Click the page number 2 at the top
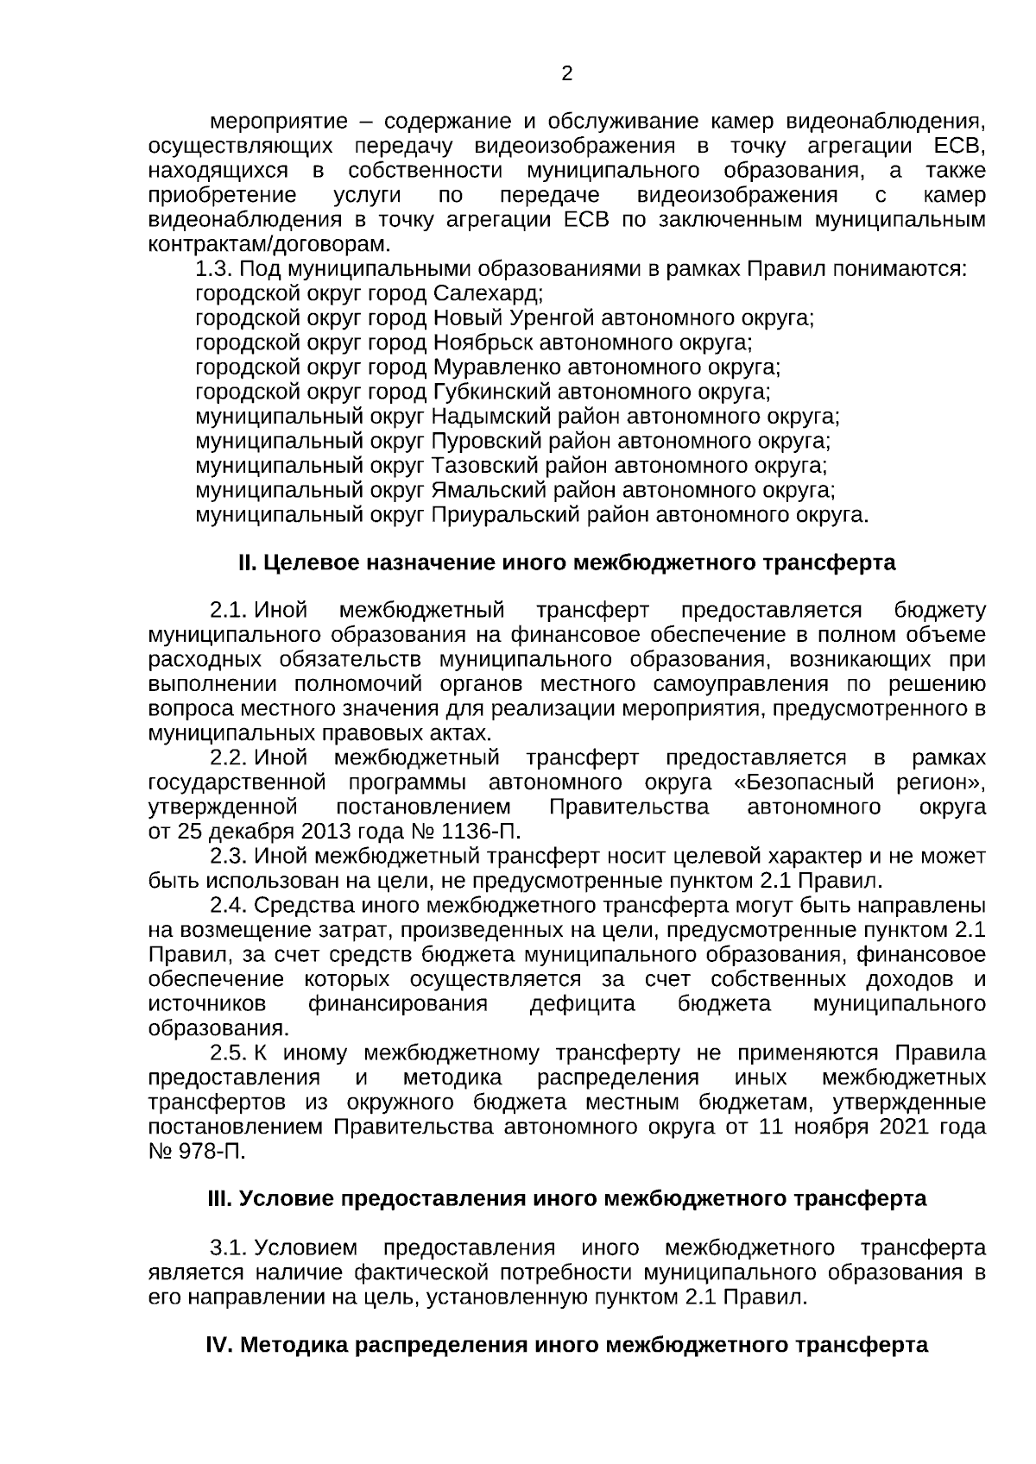[567, 74]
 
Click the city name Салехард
[488, 293]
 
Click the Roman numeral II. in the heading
[248, 564]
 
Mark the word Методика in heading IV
[294, 1346]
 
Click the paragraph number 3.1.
[229, 1248]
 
